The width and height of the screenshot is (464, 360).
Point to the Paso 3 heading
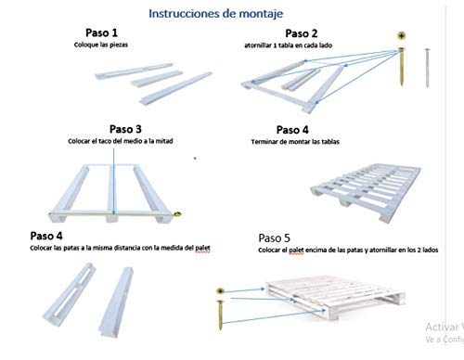click(x=126, y=128)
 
